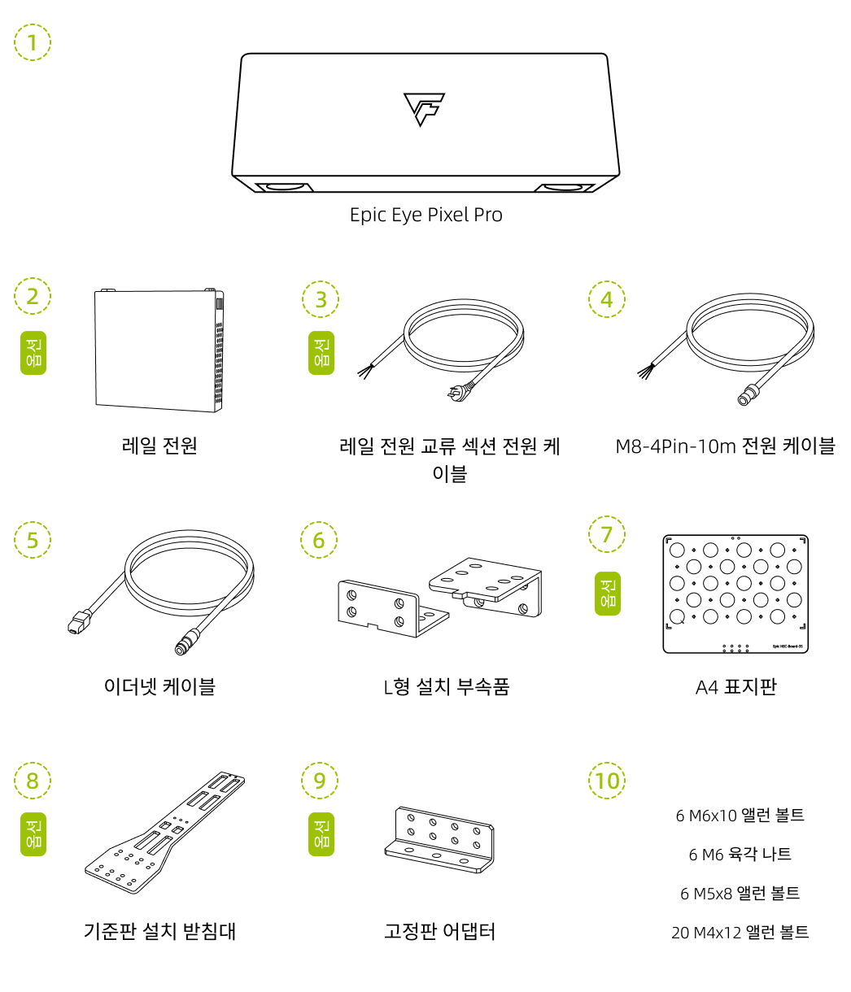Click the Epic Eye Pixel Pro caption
pos(425,215)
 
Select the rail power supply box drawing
pos(159,350)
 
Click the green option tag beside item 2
pos(33,353)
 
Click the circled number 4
pos(607,299)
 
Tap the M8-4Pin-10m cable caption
pos(725,446)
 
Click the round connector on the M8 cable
pos(744,398)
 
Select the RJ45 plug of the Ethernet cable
pos(76,624)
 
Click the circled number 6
pos(318,540)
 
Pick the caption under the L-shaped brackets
pos(446,686)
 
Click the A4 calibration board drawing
pos(735,594)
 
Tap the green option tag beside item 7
pos(607,593)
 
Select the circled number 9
pos(320,781)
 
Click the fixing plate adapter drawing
pos(439,841)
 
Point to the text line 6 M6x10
pos(740,816)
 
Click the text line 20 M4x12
pos(740,933)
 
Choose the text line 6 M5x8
pos(740,894)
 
